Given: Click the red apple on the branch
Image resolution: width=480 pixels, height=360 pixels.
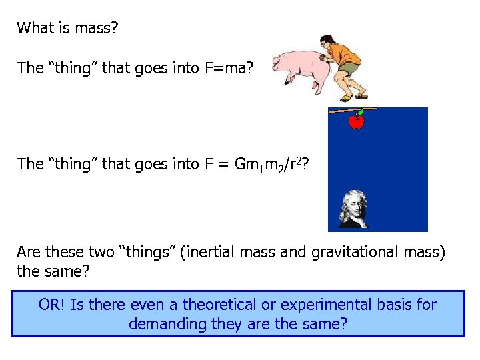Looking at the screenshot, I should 357,122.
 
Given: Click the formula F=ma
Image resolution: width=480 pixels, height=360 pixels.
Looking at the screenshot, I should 225,68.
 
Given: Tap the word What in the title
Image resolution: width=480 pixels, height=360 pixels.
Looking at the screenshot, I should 35,28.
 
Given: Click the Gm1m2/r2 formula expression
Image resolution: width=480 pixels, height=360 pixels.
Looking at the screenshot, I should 270,165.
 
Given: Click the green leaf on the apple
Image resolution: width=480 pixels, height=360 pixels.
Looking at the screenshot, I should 361,112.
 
